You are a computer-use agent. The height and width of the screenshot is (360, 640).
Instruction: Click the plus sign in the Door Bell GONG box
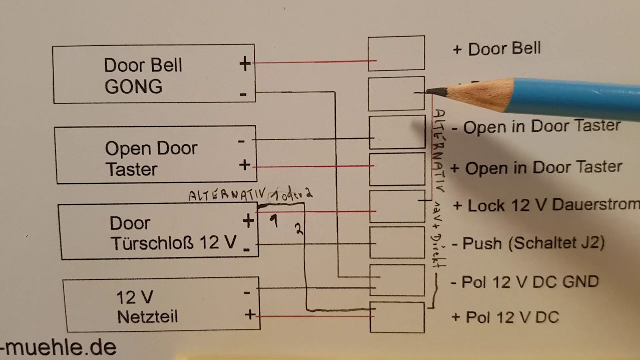(245, 64)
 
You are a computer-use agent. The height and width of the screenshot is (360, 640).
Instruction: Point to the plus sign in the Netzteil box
(250, 315)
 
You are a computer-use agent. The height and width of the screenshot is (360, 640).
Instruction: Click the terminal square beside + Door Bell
(396, 53)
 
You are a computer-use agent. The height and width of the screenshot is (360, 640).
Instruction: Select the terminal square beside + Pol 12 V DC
(397, 317)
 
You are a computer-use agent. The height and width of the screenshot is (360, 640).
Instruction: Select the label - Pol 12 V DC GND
(524, 282)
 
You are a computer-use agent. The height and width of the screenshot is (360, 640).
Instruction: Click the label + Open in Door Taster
(536, 167)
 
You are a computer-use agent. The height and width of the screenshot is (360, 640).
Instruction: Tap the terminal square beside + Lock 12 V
(397, 206)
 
